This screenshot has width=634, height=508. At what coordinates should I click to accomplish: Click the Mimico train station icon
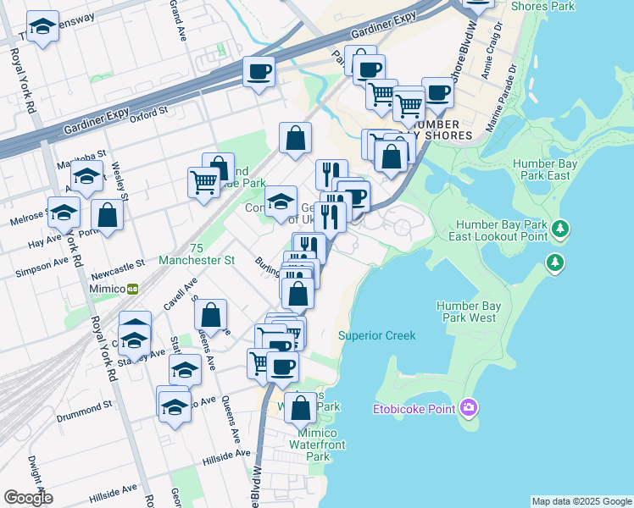133,288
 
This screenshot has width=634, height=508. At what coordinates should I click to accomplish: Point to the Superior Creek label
376,335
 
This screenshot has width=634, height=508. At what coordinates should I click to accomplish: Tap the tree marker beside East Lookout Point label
559,229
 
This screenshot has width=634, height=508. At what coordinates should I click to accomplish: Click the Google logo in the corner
28,498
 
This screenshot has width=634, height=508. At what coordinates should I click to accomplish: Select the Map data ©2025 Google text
581,501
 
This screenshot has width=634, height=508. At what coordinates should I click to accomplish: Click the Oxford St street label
149,113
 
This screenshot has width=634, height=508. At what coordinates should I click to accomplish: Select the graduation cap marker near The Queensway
42,28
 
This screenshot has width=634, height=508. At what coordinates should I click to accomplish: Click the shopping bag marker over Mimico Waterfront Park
300,408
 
